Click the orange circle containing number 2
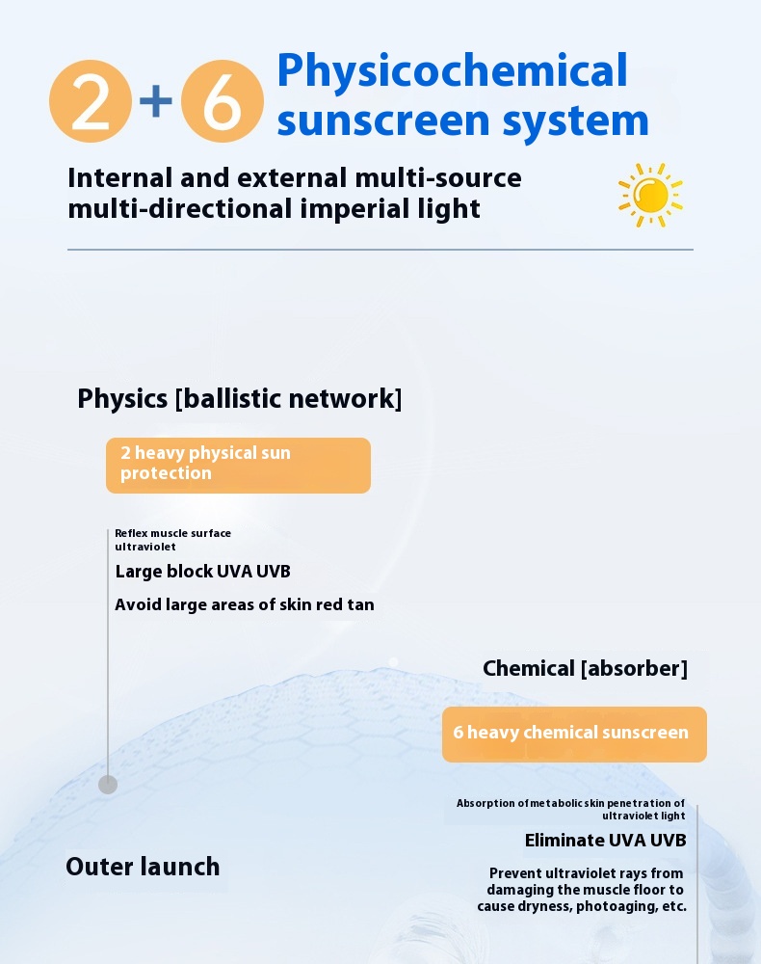coord(91,101)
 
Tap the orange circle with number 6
coord(223,101)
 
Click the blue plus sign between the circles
coord(156,101)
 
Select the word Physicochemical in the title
coord(452,70)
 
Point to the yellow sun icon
coord(650,195)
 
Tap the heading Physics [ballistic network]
coord(240,398)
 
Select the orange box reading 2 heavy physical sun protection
coord(238,466)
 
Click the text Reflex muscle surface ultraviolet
coord(172,540)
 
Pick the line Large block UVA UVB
coord(202,571)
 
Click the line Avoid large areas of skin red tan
coord(245,605)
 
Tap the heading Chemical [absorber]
coord(586,668)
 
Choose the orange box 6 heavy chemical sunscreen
coord(574,734)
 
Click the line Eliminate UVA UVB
coord(606,841)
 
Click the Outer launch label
coord(144,867)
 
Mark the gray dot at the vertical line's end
coord(108,785)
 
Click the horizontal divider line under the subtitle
coord(380,250)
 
